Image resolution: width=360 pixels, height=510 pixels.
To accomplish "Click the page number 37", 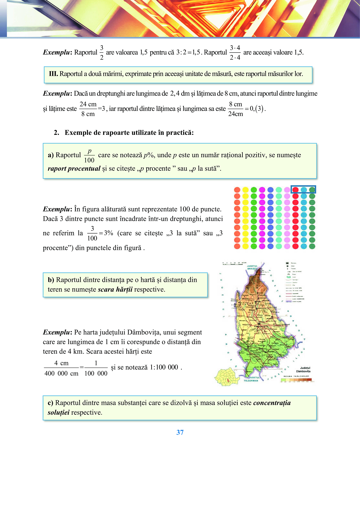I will pyautogui.click(x=180, y=432).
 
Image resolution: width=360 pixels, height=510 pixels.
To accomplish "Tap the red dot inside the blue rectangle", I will pyautogui.click(x=295, y=190).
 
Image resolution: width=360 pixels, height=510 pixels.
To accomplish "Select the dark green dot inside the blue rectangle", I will pyautogui.click(x=312, y=190).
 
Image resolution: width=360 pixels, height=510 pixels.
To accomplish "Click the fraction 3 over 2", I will pyautogui.click(x=102, y=53).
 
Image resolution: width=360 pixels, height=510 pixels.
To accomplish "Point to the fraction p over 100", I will pyautogui.click(x=89, y=156).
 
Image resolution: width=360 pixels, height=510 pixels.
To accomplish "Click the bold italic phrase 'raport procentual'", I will pyautogui.click(x=74, y=169).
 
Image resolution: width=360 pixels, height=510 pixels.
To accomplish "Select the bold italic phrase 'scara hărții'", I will pyautogui.click(x=115, y=289).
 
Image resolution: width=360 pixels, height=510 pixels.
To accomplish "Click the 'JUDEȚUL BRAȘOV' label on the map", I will pyautogui.click(x=252, y=267).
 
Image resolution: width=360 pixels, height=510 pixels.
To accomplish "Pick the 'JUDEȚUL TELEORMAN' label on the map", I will pyautogui.click(x=251, y=379).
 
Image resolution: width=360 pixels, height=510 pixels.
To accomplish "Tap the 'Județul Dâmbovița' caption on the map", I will pyautogui.click(x=303, y=370).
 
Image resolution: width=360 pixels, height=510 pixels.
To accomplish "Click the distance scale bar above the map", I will pyautogui.click(x=232, y=264).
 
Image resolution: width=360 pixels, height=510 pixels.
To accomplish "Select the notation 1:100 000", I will pyautogui.click(x=164, y=367).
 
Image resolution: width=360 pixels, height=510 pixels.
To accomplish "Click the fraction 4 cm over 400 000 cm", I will pyautogui.click(x=62, y=368).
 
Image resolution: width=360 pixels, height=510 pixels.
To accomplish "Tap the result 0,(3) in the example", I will pyautogui.click(x=258, y=109).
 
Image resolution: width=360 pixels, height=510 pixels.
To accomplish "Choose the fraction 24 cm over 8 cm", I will pyautogui.click(x=88, y=109).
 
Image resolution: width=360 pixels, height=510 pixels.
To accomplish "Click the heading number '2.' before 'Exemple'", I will pyautogui.click(x=56, y=133).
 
